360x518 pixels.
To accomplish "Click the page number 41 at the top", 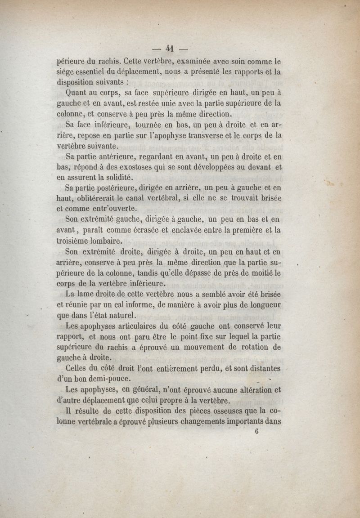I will click(170, 49).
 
